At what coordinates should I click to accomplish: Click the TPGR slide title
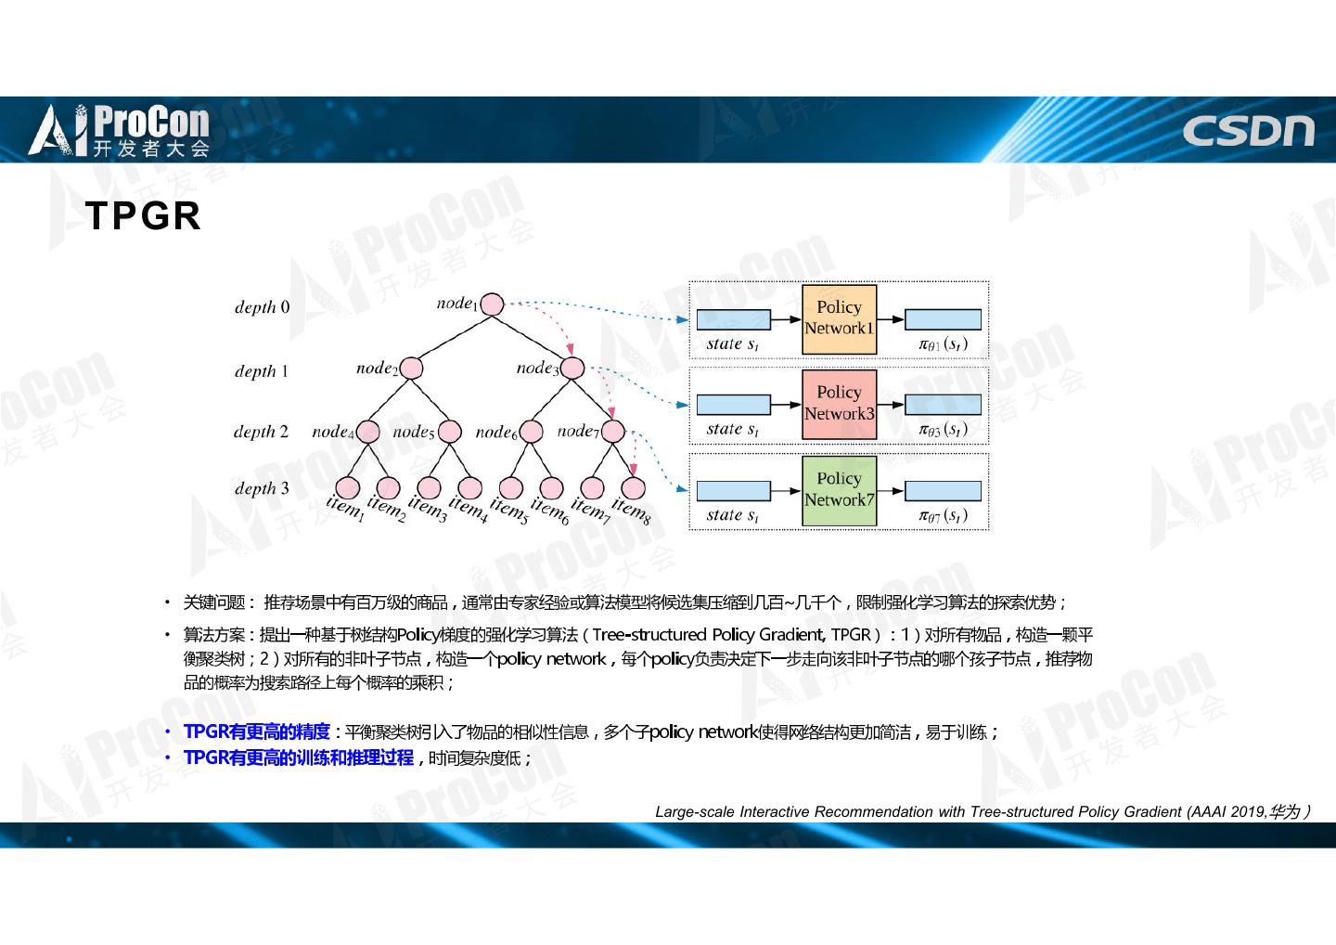point(143,215)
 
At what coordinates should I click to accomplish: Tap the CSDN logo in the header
point(1248,131)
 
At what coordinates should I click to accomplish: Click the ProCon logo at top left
point(121,131)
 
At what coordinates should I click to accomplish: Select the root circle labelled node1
point(493,304)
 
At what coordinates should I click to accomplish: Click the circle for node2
point(411,368)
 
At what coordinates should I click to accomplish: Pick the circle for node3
point(572,368)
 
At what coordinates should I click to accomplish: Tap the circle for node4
point(368,432)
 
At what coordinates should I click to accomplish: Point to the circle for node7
point(613,432)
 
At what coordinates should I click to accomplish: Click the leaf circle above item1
point(347,487)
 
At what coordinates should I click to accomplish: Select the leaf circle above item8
point(634,487)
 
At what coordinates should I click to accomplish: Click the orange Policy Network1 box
point(839,319)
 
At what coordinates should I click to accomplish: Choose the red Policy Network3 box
point(839,405)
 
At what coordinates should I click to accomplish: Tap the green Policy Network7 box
point(839,490)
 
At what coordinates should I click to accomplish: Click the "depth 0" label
point(262,307)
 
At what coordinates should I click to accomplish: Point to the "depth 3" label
point(262,488)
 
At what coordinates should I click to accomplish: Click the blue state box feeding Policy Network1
point(733,319)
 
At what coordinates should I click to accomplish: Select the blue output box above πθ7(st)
point(943,490)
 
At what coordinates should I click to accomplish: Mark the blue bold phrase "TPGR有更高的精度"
point(257,731)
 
